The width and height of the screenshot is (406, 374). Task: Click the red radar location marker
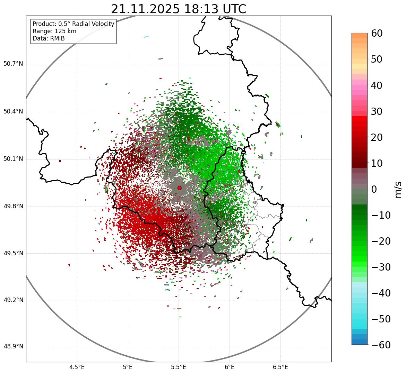[x=179, y=188]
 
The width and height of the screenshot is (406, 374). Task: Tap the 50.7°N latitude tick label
[x=13, y=64]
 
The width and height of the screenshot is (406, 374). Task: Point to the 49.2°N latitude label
[x=13, y=300]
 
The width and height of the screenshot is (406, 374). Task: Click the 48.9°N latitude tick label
[x=13, y=347]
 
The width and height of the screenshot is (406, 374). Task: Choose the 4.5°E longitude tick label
[x=77, y=367]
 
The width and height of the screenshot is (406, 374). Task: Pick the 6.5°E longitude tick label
[x=280, y=367]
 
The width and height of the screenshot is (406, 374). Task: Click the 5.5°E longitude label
[x=179, y=367]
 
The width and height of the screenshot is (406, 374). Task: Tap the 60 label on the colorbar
[x=377, y=33]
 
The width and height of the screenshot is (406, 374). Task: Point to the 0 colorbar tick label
[x=374, y=189]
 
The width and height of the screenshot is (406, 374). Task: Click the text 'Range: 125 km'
[x=54, y=31]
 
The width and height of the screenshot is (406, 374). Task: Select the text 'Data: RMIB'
[x=49, y=38]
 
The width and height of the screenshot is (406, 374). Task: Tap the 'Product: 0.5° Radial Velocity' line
[x=73, y=24]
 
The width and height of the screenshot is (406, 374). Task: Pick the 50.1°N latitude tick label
[x=13, y=159]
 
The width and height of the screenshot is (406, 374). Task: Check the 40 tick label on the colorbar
[x=377, y=85]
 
